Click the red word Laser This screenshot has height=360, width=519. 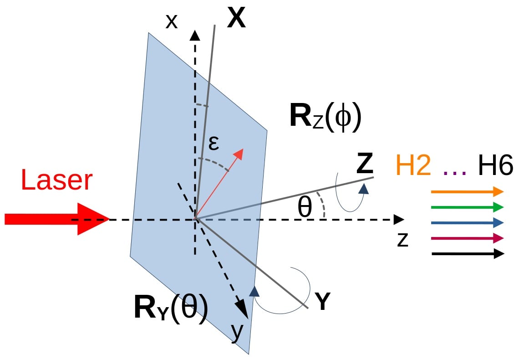coord(56,180)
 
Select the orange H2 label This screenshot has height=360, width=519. coord(413,165)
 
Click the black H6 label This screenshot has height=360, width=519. coord(495,165)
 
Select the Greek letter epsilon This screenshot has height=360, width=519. coord(214,143)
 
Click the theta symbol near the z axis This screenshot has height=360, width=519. coord(305,208)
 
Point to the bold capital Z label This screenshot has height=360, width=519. coord(365,165)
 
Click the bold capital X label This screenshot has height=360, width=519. coord(236,20)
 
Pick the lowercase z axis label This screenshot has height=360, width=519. coord(402,240)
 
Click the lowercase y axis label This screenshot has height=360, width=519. coord(236,333)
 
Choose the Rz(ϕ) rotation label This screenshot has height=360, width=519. coord(325,117)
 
